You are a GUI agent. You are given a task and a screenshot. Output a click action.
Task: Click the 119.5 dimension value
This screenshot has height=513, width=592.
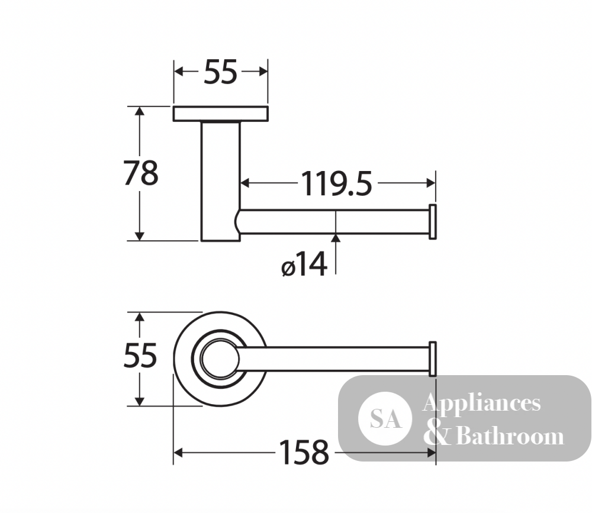(336, 184)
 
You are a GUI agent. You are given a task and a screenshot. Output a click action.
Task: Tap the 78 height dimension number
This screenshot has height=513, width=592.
(141, 173)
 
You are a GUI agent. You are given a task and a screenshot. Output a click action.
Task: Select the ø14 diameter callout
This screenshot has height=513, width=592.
(304, 264)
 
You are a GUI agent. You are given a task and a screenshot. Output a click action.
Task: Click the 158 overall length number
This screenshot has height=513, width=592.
(304, 452)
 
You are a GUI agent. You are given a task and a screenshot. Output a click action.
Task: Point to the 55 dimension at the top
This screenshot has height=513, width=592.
(220, 72)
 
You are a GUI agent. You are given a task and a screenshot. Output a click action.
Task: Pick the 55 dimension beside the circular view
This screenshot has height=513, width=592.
(140, 356)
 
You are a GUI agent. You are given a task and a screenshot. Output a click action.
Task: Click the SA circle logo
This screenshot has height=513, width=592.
(385, 419)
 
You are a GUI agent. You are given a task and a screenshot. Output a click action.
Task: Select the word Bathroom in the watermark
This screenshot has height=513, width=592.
(510, 436)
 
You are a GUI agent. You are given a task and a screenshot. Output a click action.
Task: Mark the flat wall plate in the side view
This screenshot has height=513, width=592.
(221, 114)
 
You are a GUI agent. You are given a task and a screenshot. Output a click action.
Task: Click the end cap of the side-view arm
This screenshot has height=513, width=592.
(433, 221)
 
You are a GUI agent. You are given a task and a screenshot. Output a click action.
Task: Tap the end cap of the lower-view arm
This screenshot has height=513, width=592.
(433, 359)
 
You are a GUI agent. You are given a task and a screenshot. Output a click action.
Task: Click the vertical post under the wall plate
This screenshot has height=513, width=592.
(220, 181)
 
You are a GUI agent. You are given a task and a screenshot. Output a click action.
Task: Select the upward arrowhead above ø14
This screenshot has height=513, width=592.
(336, 238)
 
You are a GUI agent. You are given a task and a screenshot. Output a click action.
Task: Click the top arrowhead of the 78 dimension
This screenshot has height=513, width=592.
(140, 111)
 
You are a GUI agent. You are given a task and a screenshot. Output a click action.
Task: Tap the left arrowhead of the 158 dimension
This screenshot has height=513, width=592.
(178, 453)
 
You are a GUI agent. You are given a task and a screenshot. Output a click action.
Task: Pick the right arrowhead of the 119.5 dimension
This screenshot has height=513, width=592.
(431, 183)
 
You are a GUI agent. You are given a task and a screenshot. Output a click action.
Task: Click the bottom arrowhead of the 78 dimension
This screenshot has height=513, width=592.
(140, 235)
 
